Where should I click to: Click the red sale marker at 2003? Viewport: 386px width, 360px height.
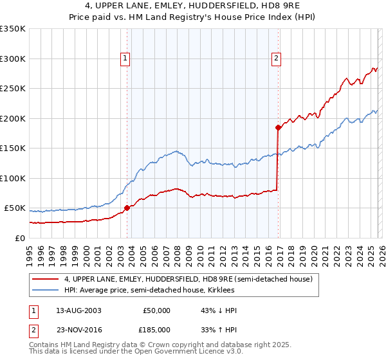point(127,208)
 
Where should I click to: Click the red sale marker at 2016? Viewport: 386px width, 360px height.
point(278,127)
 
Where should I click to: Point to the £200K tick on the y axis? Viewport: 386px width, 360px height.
point(13,118)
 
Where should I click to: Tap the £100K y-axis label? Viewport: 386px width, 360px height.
point(13,178)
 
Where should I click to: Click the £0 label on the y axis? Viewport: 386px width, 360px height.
point(19,238)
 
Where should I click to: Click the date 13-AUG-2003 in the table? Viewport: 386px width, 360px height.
point(78,310)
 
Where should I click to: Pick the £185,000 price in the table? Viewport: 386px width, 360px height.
point(156,328)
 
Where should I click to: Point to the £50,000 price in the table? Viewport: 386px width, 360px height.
point(156,310)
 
